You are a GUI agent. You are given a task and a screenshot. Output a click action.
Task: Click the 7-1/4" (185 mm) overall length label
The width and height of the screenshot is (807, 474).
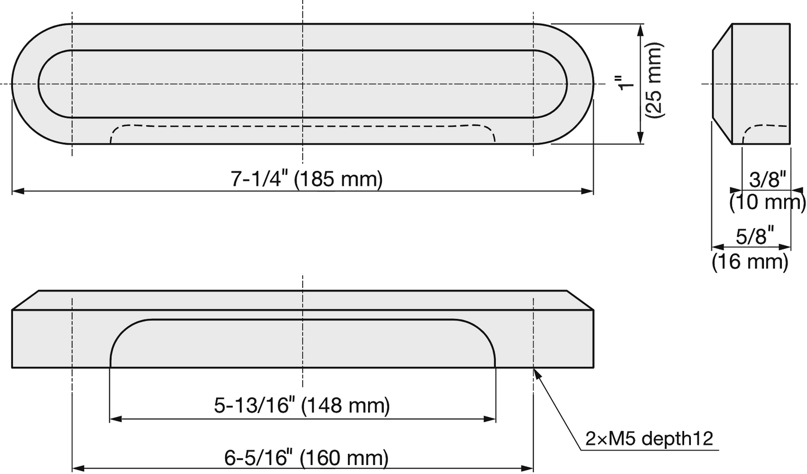[307, 179]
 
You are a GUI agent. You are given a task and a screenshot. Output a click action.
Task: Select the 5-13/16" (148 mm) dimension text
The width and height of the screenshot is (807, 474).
[302, 405]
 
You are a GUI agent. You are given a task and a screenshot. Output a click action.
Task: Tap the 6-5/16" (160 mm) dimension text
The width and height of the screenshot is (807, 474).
[307, 458]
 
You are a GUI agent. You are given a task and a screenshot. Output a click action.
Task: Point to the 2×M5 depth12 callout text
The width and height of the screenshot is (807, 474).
[649, 439]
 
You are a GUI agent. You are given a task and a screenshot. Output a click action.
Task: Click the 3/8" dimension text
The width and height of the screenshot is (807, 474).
[767, 179]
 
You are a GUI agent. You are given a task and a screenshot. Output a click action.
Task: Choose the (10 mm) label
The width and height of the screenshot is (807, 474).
[767, 202]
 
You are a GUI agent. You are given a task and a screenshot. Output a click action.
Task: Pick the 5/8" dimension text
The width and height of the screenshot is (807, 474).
[755, 236]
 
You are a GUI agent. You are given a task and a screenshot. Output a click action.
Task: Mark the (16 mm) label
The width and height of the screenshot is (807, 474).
[750, 261]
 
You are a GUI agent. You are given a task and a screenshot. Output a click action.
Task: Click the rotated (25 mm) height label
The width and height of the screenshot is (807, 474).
[655, 80]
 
